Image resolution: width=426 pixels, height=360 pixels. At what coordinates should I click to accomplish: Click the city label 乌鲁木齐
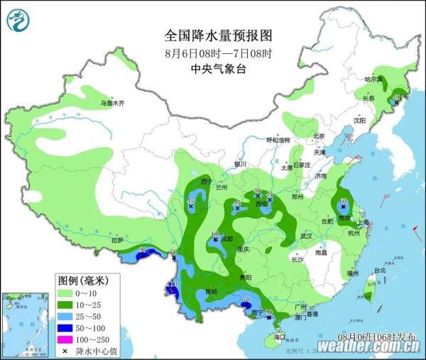point(111,103)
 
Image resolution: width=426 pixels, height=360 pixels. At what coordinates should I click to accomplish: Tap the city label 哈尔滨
point(373,79)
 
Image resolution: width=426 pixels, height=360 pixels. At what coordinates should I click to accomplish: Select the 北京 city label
point(318,136)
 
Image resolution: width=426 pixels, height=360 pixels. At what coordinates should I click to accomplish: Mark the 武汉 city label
point(306,235)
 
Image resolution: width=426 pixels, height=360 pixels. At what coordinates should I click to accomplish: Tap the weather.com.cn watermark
point(368,346)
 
